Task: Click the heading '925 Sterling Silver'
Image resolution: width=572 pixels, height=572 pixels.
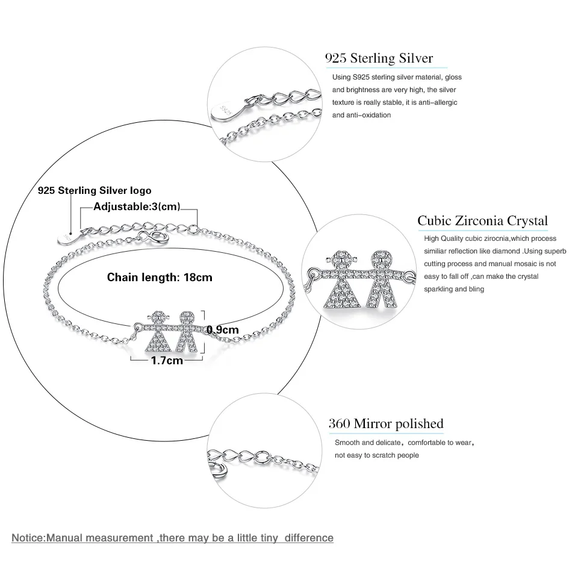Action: pos(379,58)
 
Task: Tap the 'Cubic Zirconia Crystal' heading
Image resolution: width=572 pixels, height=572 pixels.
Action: pos(482,220)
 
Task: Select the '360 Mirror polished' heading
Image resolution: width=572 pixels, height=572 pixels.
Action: pos(385,423)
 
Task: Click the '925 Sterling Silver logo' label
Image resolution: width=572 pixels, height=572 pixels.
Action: pos(95,190)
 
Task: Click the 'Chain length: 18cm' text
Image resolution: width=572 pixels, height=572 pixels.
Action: pos(160,278)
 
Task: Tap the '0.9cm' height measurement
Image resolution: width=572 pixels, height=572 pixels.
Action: pos(223,329)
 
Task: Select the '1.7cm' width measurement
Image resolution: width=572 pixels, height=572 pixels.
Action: pos(167,361)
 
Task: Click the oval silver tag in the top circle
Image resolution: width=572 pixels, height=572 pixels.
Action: pos(222,110)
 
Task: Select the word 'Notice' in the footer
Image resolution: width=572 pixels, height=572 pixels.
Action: pos(28,538)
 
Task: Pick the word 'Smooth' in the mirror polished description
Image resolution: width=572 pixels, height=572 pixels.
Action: pos(347,443)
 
